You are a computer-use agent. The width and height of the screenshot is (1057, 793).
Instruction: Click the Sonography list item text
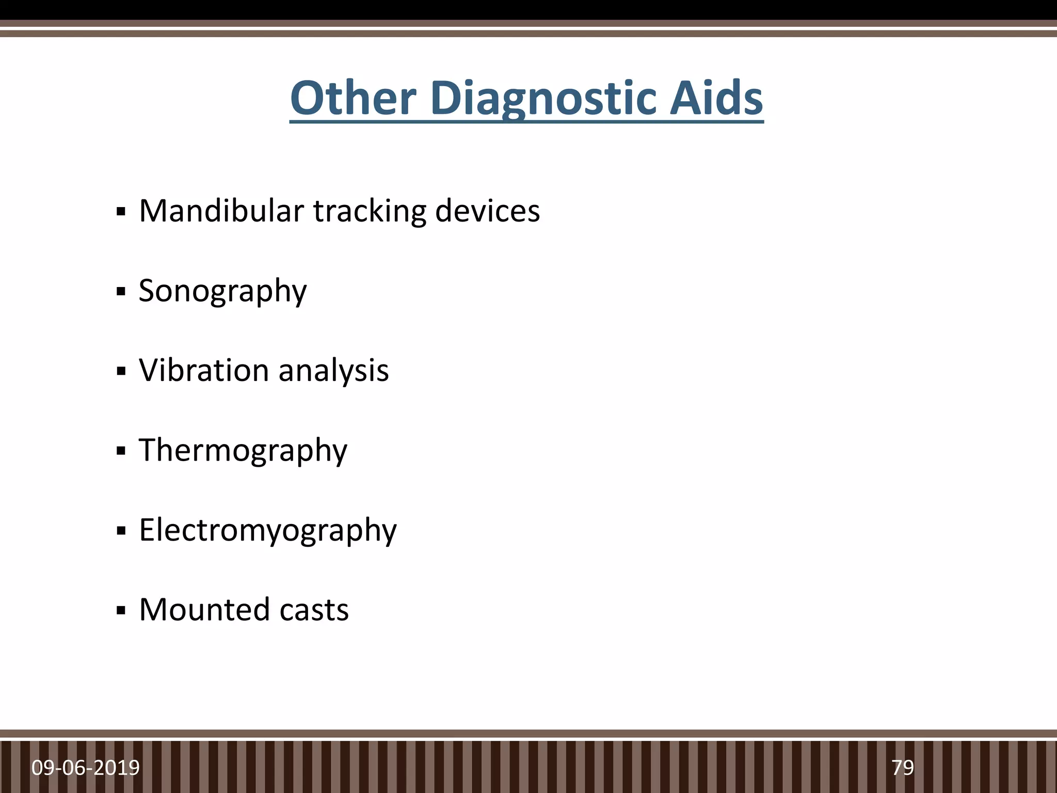222,291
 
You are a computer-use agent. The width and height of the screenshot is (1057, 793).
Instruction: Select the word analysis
333,371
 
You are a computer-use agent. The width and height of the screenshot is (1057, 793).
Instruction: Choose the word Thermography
243,450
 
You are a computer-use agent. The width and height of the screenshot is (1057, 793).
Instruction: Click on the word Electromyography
268,530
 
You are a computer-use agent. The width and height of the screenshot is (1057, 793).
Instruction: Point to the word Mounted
205,609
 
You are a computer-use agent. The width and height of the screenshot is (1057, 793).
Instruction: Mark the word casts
314,610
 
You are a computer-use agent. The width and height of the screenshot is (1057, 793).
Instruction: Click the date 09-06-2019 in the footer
86,768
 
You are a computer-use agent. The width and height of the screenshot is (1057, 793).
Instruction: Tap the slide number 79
903,768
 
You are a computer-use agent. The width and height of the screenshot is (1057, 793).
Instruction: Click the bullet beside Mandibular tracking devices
121,212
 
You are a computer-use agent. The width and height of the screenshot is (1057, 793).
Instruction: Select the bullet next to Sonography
121,292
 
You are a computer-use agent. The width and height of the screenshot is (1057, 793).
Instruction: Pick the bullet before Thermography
121,451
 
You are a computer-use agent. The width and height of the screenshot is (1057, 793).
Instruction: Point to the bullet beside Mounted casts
121,611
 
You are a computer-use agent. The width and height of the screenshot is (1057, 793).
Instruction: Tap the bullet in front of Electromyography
121,531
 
